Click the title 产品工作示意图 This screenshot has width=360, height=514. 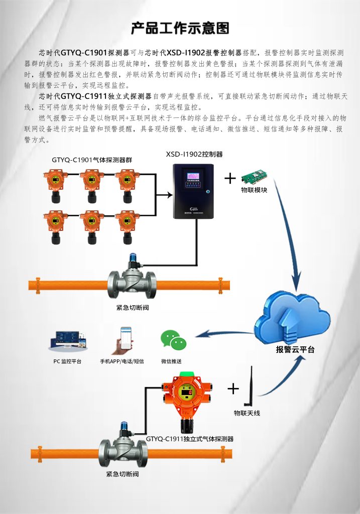coord(180,28)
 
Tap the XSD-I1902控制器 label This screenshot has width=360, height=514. coord(194,154)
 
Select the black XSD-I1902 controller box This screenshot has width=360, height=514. coord(193,191)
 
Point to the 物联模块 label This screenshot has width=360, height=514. coord(254,190)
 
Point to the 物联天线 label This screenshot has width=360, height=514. coord(247,414)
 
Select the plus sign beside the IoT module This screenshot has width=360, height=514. coord(230,178)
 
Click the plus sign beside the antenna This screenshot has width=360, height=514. coord(233,389)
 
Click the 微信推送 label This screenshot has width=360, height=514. coord(171,361)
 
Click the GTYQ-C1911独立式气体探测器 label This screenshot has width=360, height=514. coord(190,438)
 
